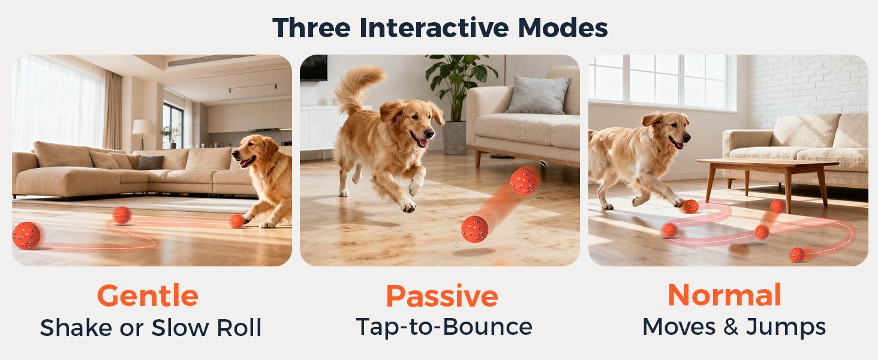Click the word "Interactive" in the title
coord(434,28)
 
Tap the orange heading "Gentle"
coord(148,296)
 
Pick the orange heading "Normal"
coord(724,295)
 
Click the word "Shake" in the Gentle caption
coord(76,328)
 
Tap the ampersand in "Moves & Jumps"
coord(730,327)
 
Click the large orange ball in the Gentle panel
coord(26,235)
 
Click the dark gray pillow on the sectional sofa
coord(150,163)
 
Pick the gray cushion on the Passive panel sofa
coord(539,95)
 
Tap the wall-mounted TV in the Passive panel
coord(314,68)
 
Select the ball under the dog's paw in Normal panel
coord(691,206)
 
